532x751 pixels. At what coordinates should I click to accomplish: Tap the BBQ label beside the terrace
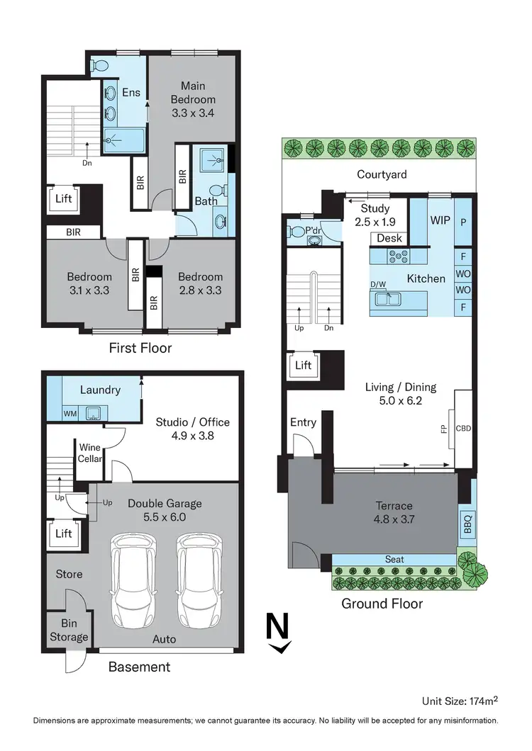point(467,525)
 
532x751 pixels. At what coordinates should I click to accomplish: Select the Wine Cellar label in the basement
point(90,453)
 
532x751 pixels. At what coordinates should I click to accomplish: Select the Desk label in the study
point(389,239)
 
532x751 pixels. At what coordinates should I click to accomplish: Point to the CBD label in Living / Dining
point(463,429)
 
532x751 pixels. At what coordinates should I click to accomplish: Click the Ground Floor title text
point(382,604)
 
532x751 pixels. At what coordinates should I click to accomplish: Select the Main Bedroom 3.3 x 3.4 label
point(192,100)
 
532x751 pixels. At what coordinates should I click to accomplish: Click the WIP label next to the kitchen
point(440,220)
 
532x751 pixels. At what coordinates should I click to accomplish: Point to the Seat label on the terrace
point(394,559)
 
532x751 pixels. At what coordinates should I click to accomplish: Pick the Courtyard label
point(382,174)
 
